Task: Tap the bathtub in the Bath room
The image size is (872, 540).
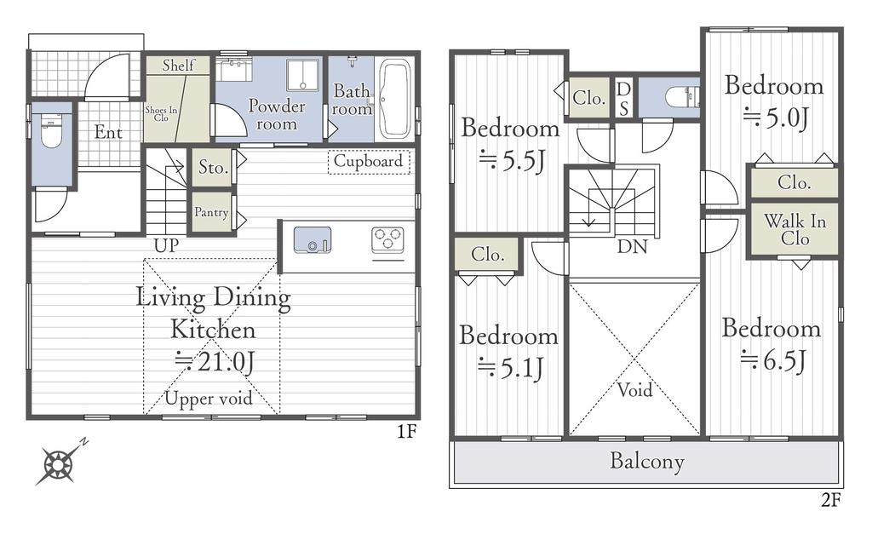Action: pyautogui.click(x=395, y=99)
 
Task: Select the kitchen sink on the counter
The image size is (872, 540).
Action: pyautogui.click(x=312, y=239)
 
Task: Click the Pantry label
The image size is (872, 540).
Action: pyautogui.click(x=211, y=212)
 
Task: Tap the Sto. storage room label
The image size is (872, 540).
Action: pyautogui.click(x=214, y=167)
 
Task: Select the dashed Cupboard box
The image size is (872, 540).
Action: pyautogui.click(x=369, y=162)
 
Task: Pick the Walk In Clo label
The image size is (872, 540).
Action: pyautogui.click(x=795, y=230)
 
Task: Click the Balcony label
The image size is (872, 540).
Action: pyautogui.click(x=647, y=461)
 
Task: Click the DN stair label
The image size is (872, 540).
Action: pyautogui.click(x=633, y=246)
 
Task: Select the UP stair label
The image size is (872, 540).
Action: pyautogui.click(x=166, y=245)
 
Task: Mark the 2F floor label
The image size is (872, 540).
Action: pyautogui.click(x=830, y=501)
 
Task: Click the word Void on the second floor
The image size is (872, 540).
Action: pyautogui.click(x=634, y=390)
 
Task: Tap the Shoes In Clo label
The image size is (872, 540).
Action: pyautogui.click(x=161, y=113)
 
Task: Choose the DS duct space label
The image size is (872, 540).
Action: pyautogui.click(x=624, y=98)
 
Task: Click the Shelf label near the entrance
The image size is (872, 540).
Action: pyautogui.click(x=179, y=65)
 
